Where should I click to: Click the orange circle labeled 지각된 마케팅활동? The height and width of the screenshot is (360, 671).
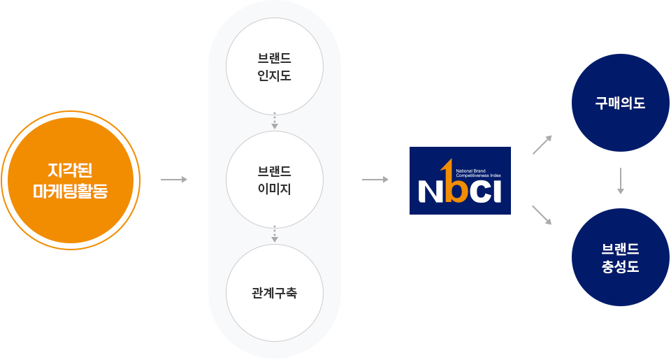[x=70, y=180]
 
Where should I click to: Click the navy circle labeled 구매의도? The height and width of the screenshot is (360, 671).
[x=620, y=103]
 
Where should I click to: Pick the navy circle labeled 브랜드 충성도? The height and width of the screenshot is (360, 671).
[x=620, y=257]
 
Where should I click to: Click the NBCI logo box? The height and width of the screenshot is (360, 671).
[x=460, y=180]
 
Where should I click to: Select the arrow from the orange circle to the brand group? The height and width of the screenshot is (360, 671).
[x=174, y=180]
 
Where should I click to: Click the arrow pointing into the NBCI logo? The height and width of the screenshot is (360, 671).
[x=375, y=180]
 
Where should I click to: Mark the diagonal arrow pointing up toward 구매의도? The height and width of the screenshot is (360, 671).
[x=542, y=144]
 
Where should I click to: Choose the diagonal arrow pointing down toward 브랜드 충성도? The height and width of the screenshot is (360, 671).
[x=542, y=215]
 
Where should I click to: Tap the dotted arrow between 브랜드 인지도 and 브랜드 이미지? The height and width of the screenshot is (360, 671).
[x=275, y=120]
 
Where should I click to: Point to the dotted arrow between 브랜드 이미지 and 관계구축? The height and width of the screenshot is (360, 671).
[x=275, y=233]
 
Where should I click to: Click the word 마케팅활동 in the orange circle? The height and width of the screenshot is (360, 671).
[x=70, y=190]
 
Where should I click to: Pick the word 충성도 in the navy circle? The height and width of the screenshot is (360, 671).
[x=620, y=267]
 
